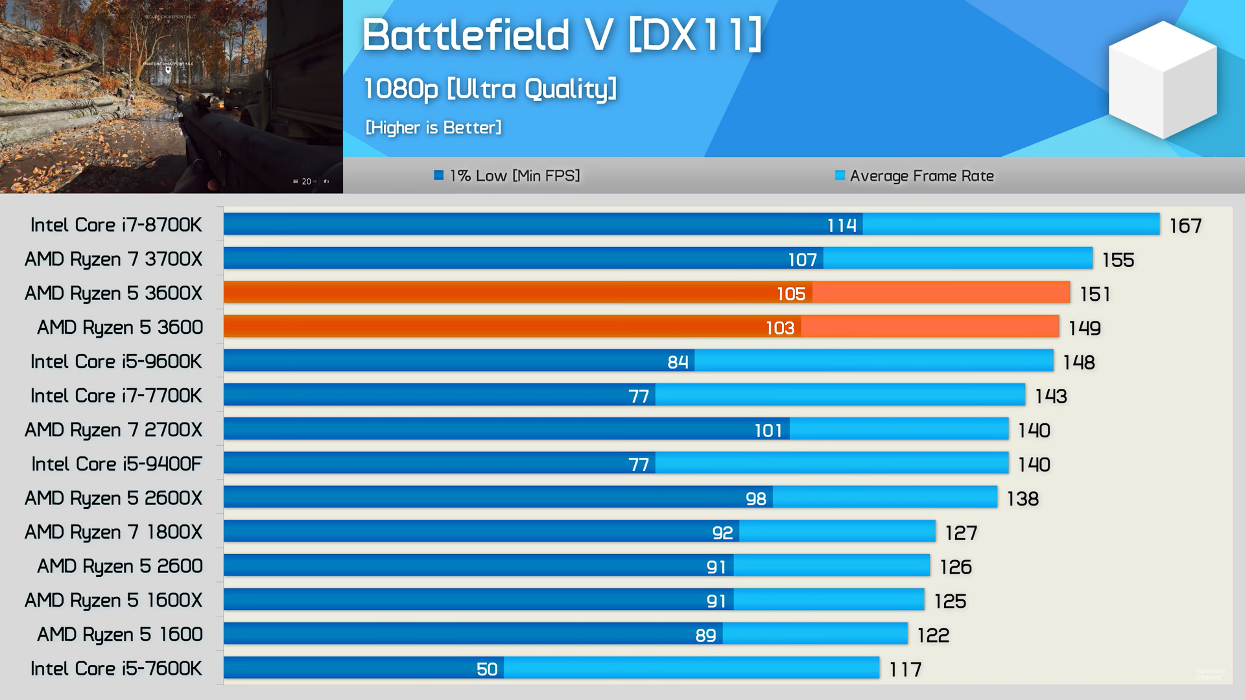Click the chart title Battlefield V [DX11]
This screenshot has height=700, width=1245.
(x=562, y=34)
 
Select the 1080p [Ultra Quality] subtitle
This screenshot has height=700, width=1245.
(x=490, y=89)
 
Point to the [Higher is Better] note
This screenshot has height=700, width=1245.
(x=433, y=127)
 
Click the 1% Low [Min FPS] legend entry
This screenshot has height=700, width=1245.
(x=507, y=176)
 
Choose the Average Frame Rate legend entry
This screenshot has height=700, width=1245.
(x=914, y=176)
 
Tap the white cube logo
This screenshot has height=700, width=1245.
(x=1163, y=79)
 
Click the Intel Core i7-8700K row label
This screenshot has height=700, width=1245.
(x=116, y=225)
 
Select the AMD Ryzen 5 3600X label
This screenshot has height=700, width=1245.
(x=113, y=293)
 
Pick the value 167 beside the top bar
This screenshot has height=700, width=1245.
(x=1185, y=226)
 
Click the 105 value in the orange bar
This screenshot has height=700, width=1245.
(x=791, y=294)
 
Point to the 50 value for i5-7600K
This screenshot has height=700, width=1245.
(x=487, y=669)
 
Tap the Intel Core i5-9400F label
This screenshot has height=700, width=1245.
(x=117, y=464)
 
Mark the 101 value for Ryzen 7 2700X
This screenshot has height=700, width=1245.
(x=768, y=430)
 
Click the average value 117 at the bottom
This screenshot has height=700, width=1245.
(x=905, y=670)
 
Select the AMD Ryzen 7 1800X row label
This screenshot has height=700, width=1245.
(x=113, y=532)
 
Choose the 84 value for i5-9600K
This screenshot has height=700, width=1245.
(x=678, y=362)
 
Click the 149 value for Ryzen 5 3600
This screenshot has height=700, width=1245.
(x=1085, y=328)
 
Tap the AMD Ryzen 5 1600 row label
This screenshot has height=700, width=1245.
(x=120, y=634)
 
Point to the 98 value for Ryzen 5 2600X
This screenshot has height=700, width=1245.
(x=756, y=498)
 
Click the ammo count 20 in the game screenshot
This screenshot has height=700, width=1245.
(x=306, y=181)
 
